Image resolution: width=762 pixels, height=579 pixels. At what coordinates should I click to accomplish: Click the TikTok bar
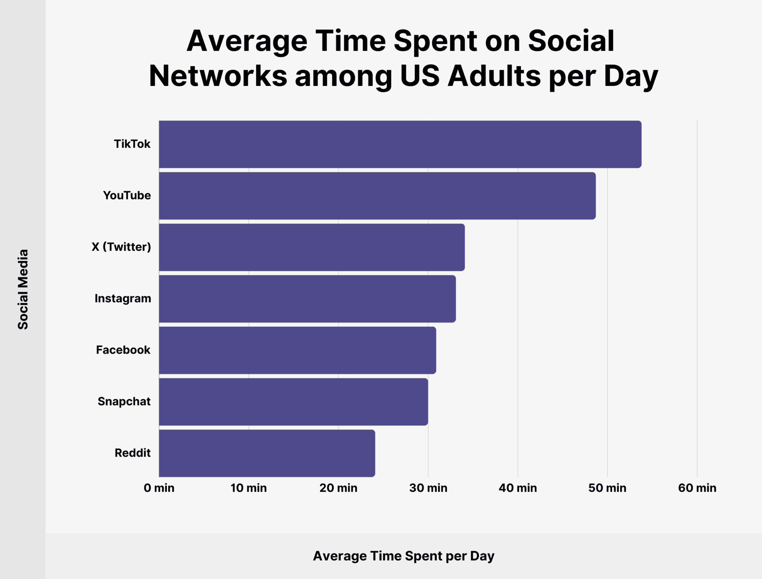tap(400, 144)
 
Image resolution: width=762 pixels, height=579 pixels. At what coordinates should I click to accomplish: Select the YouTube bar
tap(377, 196)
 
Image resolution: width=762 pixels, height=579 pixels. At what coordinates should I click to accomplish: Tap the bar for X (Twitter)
tap(312, 247)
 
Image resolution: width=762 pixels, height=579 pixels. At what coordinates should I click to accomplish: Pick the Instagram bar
tap(307, 299)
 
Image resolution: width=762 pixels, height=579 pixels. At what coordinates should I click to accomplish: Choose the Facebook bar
tap(297, 350)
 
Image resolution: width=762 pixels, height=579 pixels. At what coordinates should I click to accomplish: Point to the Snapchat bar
tap(293, 402)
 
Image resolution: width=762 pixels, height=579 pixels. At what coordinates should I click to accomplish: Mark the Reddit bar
tap(267, 453)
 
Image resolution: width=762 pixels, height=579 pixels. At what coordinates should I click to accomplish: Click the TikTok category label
tap(132, 144)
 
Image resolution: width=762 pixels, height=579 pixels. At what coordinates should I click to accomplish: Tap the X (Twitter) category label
tap(121, 247)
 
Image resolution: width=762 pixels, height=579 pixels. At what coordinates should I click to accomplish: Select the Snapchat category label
tap(124, 402)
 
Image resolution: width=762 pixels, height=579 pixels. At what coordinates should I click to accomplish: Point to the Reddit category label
tap(132, 453)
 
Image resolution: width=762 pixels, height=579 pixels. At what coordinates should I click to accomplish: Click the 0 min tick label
tap(159, 488)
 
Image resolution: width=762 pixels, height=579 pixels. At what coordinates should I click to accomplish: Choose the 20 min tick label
tap(338, 488)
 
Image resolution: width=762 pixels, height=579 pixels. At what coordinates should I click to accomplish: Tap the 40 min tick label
tap(518, 488)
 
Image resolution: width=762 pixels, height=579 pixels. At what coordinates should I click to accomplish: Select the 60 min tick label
tap(697, 488)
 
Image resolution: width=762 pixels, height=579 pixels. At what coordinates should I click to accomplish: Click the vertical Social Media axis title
tap(23, 289)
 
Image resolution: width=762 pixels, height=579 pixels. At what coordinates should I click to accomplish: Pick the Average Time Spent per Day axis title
tap(404, 556)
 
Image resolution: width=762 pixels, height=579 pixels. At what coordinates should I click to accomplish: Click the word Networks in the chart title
tap(218, 76)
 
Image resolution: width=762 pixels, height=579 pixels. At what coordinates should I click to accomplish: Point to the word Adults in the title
tap(494, 76)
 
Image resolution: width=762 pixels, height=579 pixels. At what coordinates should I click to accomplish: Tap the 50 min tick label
tap(607, 488)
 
